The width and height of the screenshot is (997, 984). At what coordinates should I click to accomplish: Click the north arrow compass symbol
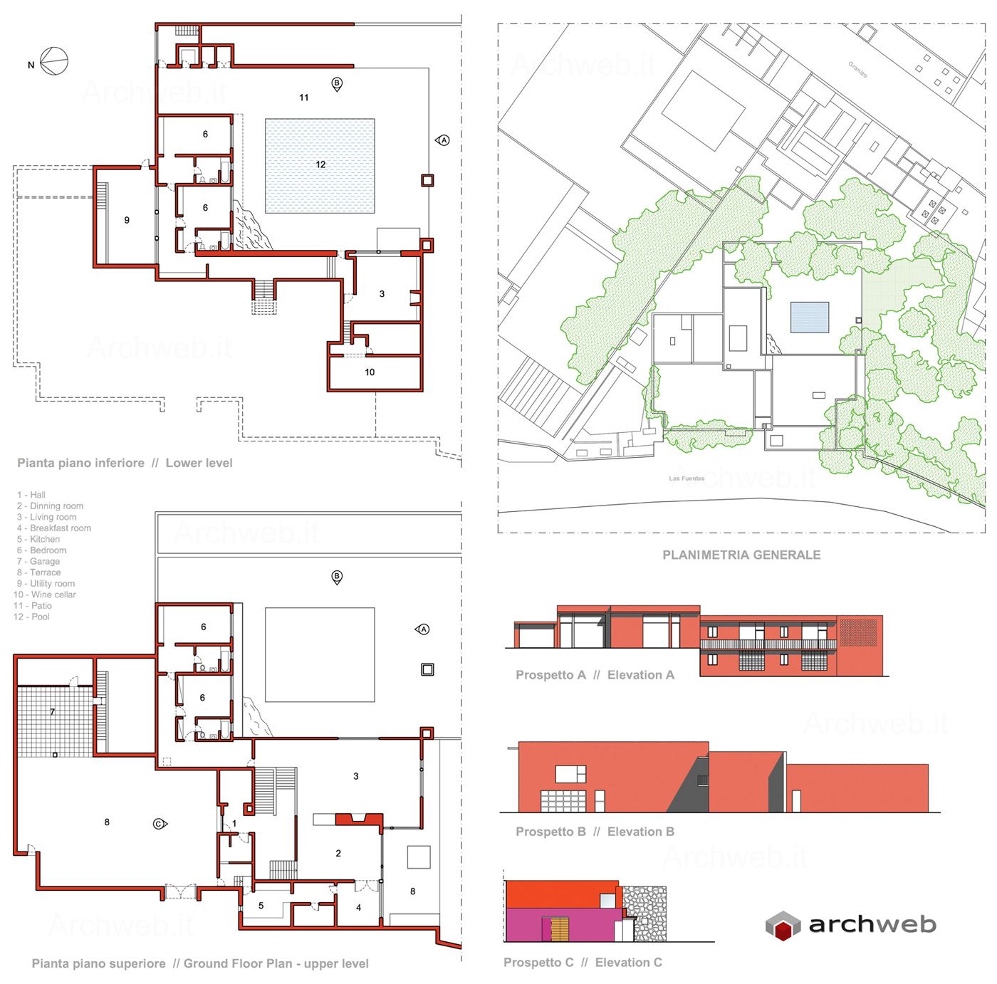tap(54, 61)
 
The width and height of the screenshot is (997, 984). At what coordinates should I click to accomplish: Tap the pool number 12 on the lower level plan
tap(320, 164)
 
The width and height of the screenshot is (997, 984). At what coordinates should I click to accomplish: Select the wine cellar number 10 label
tap(370, 372)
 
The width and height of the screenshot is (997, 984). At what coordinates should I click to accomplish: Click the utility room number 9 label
tap(127, 221)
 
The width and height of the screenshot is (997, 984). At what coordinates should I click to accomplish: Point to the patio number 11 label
tap(303, 98)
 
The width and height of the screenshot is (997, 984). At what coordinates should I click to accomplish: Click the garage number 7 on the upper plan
tap(52, 712)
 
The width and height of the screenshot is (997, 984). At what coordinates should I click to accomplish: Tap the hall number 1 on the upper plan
tap(234, 823)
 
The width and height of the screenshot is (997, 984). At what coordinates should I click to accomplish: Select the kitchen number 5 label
tap(261, 906)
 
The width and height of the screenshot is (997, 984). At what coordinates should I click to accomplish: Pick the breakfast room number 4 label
tap(358, 907)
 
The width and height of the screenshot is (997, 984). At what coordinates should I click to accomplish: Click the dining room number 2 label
tap(338, 853)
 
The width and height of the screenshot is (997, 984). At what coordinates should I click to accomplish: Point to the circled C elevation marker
tap(160, 824)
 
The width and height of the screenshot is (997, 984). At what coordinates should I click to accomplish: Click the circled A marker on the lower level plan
tap(442, 140)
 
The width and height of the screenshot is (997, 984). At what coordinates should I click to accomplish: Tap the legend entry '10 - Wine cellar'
tap(44, 595)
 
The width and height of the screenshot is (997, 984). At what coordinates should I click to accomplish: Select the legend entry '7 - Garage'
tap(38, 561)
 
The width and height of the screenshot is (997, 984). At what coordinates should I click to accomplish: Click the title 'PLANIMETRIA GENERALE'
tap(741, 555)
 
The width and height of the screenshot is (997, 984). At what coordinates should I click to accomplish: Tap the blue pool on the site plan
tap(810, 317)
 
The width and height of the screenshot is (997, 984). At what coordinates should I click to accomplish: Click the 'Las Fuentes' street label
tap(687, 478)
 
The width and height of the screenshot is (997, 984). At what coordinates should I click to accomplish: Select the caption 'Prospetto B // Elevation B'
tap(595, 832)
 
